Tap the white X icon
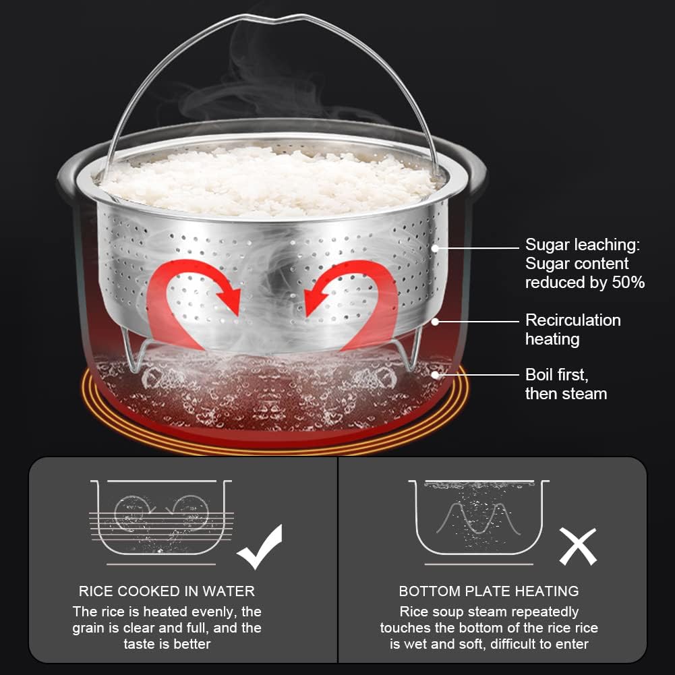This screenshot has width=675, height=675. [578, 546]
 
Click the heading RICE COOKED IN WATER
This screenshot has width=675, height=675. [167, 591]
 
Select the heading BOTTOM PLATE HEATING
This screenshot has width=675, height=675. [489, 591]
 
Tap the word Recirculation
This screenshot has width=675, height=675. [573, 320]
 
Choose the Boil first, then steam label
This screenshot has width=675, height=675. [566, 384]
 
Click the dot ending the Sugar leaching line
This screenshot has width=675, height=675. [435, 248]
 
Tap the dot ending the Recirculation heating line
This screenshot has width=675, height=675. [435, 322]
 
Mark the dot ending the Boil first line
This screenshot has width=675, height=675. [435, 375]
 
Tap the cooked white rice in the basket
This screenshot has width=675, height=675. [269, 181]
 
